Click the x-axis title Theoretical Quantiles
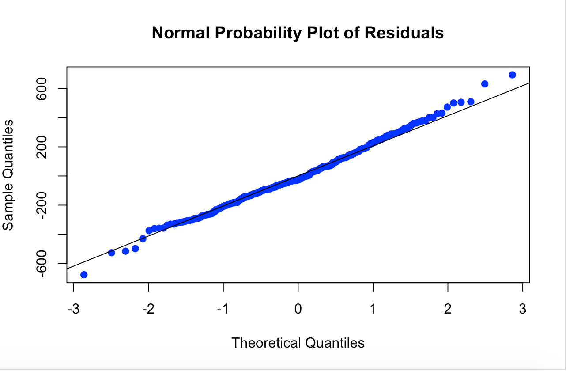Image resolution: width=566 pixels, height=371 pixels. click(x=298, y=343)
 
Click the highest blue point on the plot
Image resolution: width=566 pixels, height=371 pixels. click(x=512, y=75)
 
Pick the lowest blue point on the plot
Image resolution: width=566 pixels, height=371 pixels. click(x=84, y=275)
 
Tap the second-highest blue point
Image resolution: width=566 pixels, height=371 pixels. click(x=484, y=84)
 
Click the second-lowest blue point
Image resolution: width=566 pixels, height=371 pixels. click(x=111, y=253)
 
